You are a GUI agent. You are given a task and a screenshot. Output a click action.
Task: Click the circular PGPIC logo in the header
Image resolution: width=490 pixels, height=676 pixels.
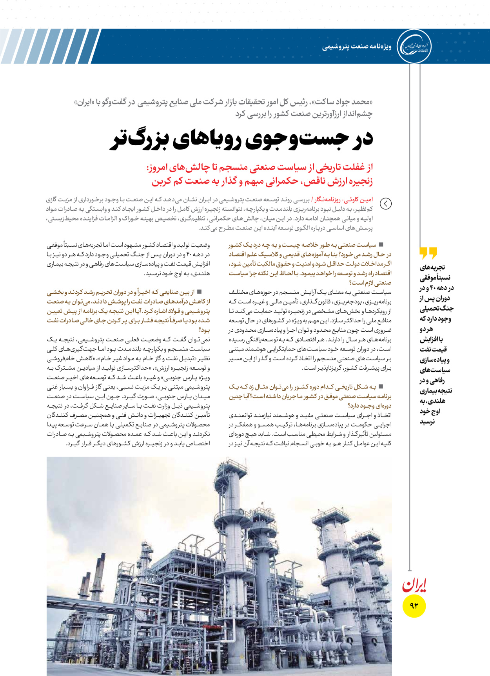pos(414,46)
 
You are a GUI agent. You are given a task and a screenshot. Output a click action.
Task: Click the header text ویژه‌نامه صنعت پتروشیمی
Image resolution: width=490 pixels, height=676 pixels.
pos(357,47)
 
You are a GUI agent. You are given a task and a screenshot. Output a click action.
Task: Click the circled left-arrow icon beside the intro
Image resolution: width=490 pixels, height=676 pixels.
pos(386,204)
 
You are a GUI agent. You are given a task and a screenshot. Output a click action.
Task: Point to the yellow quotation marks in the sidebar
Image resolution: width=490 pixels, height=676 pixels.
pos(428,253)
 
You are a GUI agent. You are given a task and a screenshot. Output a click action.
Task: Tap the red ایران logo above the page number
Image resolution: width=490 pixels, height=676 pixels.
pos(414,585)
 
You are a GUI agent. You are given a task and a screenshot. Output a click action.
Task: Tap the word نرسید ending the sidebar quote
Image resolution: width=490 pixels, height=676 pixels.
pos(427,422)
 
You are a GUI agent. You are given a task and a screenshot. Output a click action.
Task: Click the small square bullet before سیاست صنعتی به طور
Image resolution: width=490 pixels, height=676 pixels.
pos(381,245)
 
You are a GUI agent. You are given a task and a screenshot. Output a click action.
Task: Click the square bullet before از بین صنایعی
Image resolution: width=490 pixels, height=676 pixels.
pos(199,292)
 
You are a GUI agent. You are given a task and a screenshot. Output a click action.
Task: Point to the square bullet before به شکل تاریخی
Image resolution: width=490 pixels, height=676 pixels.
pos(381,387)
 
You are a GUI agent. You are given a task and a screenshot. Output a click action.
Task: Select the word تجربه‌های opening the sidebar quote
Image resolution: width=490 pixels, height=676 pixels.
pos(432,268)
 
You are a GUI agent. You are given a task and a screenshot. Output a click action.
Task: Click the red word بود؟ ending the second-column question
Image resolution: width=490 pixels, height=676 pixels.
pos(204,330)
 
